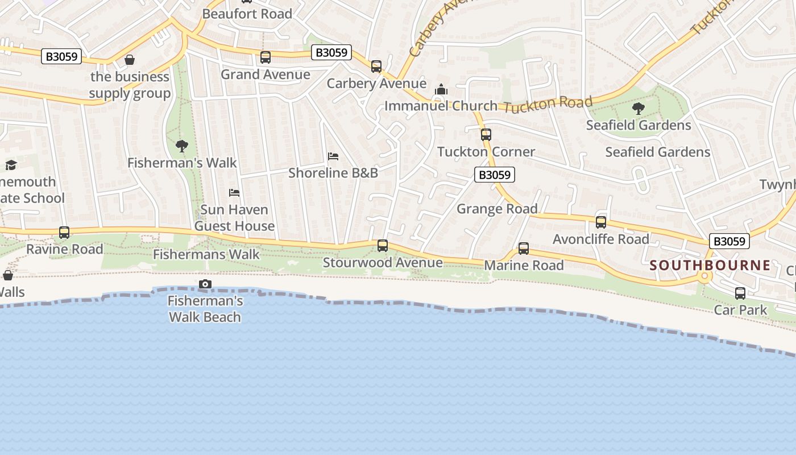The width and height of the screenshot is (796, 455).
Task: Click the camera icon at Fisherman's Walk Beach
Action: coord(205,284)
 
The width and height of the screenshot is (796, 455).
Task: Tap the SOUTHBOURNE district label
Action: coord(710,265)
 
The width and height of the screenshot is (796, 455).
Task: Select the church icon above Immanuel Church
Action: coord(441,89)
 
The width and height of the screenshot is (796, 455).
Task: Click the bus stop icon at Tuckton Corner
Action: coord(486,135)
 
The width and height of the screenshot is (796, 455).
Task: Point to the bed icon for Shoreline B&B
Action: coord(333,156)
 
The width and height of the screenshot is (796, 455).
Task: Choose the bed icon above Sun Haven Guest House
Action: coord(234,193)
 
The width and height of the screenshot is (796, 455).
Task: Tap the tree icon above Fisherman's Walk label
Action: coord(182,146)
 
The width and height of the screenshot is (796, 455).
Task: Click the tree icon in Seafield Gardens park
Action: coord(638,108)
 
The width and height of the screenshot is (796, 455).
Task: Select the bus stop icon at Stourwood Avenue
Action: coord(383,246)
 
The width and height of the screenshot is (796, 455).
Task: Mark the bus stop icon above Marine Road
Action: coord(523,249)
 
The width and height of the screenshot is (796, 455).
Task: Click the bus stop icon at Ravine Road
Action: coord(64,233)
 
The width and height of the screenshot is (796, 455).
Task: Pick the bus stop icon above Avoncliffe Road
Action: coord(601,222)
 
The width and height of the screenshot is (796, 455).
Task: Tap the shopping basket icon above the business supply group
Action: coord(130,60)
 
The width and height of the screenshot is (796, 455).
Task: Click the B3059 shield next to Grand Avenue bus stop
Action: coord(331,53)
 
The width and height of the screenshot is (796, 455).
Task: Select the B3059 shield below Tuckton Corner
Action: coord(495,175)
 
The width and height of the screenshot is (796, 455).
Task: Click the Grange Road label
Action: coord(497,209)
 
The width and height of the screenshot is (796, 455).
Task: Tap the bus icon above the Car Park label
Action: coord(740,293)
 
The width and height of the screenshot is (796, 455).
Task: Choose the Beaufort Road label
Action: coord(247,14)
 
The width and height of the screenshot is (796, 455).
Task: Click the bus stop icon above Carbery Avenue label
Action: coord(376,67)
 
